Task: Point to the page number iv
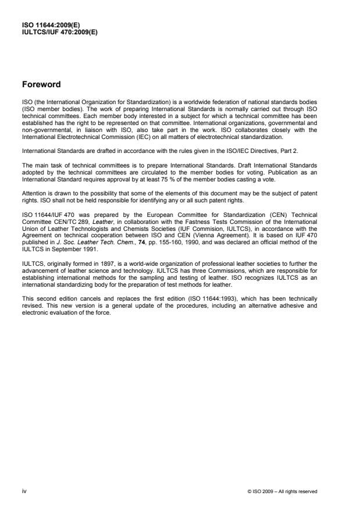point(24,491)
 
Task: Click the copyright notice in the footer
point(281,491)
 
